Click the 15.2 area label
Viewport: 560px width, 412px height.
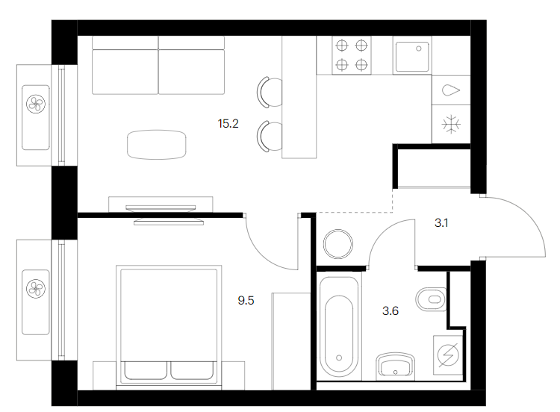click(228, 124)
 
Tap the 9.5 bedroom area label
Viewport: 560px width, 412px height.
click(246, 301)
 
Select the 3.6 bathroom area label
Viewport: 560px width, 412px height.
click(390, 311)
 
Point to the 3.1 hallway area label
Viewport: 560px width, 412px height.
click(441, 223)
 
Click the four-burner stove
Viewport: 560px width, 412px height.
click(352, 55)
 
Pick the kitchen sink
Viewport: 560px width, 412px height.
click(411, 55)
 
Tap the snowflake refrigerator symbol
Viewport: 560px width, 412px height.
click(451, 124)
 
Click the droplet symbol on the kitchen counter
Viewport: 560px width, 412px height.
click(451, 90)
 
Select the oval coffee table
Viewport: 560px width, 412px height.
click(157, 145)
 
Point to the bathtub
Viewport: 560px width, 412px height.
click(339, 327)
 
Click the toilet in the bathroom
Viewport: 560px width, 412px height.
click(431, 299)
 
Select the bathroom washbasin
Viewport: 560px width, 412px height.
click(395, 366)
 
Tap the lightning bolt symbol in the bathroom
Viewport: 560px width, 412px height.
click(448, 355)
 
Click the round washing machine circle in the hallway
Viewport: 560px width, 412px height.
click(337, 244)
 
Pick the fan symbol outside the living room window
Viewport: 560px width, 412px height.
click(36, 104)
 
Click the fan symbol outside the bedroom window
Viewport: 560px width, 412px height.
click(36, 288)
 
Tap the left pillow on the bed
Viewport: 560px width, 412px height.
click(146, 370)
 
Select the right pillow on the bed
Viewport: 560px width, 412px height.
click(192, 370)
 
